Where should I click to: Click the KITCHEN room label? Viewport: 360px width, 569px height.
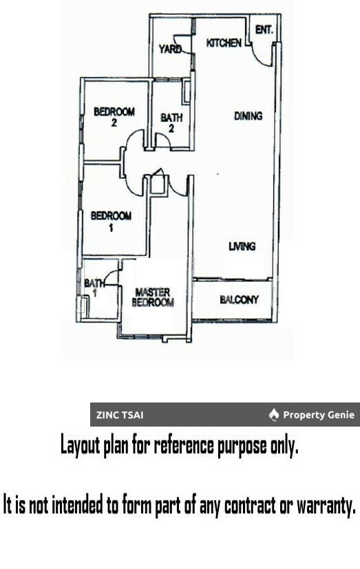224,43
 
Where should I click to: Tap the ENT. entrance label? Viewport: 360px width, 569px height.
264,30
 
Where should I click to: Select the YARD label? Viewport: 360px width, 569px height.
170,49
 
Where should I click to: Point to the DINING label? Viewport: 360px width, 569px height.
248,116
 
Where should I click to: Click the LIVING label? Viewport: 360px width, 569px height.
242,246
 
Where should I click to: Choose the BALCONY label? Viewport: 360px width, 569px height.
239,299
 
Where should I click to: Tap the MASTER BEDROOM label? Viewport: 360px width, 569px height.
152,297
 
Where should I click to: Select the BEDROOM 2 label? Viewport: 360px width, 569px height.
114,117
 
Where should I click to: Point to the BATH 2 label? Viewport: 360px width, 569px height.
171,122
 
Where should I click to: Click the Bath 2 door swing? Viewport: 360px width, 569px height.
163,140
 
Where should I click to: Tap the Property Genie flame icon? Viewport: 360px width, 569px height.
274,415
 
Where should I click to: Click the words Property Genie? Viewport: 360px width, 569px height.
319,415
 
